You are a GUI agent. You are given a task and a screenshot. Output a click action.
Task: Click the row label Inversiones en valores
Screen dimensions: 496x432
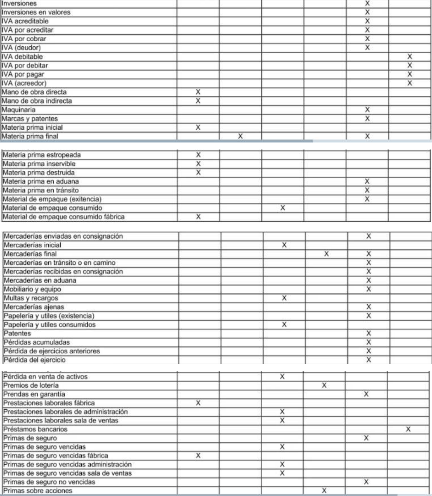[36, 12]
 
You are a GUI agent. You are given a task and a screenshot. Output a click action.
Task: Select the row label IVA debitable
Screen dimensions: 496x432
[23, 57]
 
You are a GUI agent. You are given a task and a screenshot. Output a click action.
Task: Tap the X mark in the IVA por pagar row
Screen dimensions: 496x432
[410, 74]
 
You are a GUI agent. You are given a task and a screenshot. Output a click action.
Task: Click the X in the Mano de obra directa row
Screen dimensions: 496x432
[198, 92]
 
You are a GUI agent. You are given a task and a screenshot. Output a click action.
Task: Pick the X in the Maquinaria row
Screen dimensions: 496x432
[367, 110]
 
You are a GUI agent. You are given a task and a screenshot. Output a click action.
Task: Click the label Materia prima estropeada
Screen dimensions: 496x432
[42, 155]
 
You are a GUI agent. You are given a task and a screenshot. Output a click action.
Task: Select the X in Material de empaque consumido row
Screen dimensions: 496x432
[283, 208]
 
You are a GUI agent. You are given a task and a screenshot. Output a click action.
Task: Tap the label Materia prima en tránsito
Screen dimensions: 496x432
[41, 190]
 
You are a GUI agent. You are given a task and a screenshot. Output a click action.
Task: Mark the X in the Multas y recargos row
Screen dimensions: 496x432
[284, 298]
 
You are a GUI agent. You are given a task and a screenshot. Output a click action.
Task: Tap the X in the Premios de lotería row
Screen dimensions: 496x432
[324, 385]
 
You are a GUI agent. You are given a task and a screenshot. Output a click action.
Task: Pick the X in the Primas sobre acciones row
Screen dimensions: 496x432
[324, 491]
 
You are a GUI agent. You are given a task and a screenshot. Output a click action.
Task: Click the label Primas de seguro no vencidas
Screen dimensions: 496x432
[49, 482]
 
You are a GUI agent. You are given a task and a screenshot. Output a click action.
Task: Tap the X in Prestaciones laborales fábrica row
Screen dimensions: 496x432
[198, 403]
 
